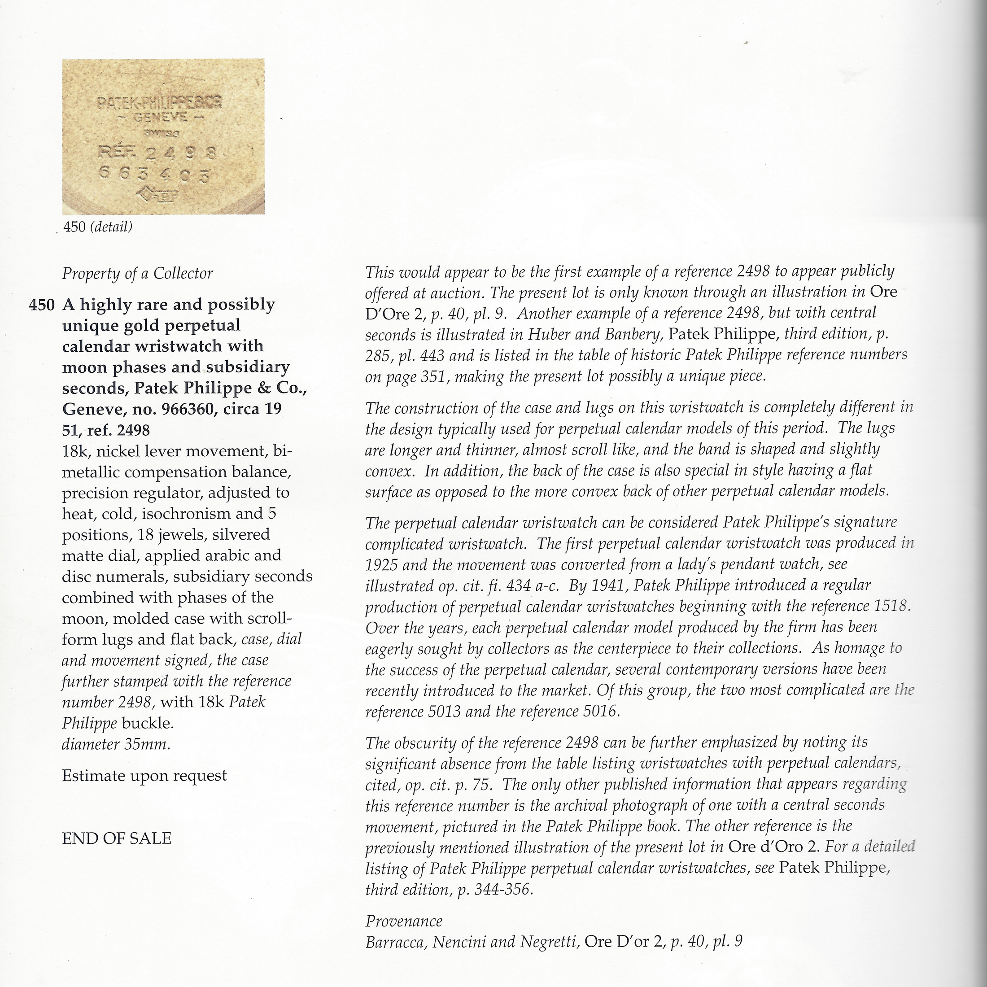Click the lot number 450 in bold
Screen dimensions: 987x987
[41, 305]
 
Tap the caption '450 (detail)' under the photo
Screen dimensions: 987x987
[97, 227]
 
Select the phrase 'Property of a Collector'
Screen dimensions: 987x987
[137, 274]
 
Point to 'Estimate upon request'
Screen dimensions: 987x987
[144, 776]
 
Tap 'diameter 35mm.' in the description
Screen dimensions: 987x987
[116, 744]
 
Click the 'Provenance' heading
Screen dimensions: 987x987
[404, 921]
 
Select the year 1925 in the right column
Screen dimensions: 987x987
[380, 564]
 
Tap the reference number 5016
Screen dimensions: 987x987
[600, 712]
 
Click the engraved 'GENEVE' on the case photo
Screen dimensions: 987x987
[160, 118]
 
